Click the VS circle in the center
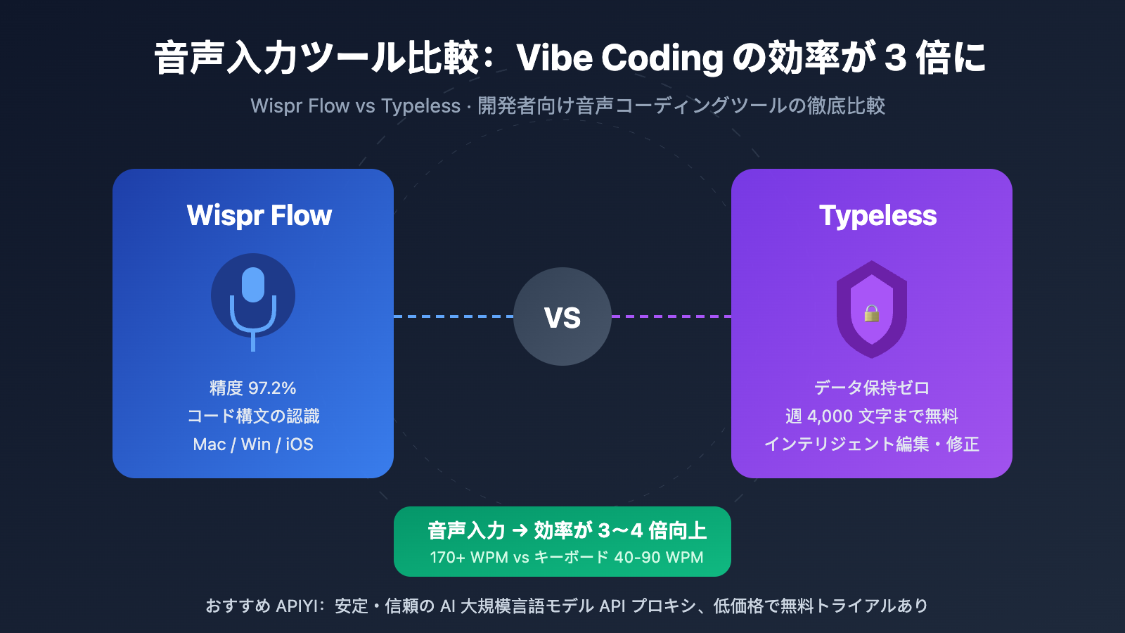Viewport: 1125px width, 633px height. click(562, 316)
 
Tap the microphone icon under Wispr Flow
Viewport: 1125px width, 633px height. click(253, 299)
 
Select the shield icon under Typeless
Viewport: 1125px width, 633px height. click(872, 309)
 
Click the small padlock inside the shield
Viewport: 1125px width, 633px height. click(872, 313)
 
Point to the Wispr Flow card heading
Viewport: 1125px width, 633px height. click(259, 215)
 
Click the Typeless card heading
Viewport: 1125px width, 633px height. click(877, 215)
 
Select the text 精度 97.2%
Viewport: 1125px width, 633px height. click(253, 388)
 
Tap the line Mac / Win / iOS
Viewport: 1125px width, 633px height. click(253, 445)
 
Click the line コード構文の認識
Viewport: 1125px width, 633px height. click(253, 416)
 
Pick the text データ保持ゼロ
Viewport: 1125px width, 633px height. click(872, 388)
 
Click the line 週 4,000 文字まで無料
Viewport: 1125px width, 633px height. click(872, 416)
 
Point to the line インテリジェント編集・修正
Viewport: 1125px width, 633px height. click(872, 445)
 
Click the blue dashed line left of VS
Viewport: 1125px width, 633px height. click(454, 316)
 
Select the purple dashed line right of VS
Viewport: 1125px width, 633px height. click(671, 316)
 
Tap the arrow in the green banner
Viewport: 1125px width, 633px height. click(520, 530)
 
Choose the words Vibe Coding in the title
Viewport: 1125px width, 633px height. click(619, 58)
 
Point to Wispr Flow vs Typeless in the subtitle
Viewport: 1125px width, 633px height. click(355, 106)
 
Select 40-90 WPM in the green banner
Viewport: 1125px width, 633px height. click(658, 558)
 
